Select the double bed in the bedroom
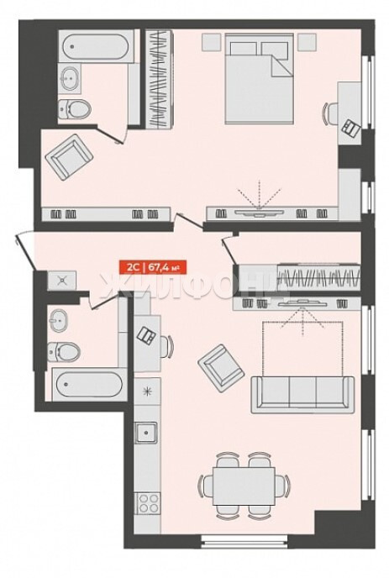(x=260, y=78)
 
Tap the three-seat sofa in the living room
(x=302, y=394)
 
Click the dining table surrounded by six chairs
(x=244, y=486)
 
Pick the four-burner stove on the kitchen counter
(x=148, y=503)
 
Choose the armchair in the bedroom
(x=69, y=156)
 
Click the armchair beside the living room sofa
(x=221, y=368)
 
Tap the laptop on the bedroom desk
(x=351, y=129)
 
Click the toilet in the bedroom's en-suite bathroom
(x=75, y=109)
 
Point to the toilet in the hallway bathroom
(x=63, y=352)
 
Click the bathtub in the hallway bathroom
(x=89, y=384)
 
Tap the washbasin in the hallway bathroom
(x=57, y=319)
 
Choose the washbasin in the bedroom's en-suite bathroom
(x=70, y=78)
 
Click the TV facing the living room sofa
(x=302, y=303)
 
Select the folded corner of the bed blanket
(x=282, y=66)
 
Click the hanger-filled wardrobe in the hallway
(x=319, y=276)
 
